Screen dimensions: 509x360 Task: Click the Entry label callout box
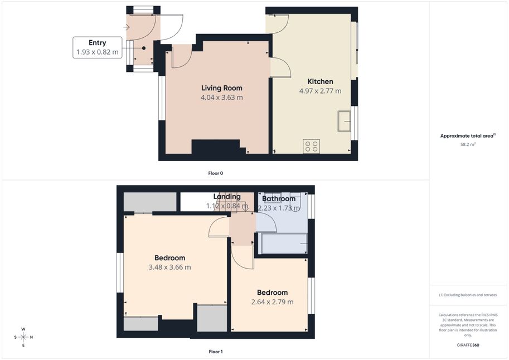point(98,47)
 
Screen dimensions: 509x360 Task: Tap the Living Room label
point(222,88)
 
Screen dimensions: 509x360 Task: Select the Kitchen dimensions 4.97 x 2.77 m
point(320,91)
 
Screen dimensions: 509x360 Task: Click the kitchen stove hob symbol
point(311,146)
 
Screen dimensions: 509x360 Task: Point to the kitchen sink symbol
point(344,121)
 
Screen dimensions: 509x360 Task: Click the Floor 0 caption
point(216,173)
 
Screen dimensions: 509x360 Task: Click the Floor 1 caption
point(216,352)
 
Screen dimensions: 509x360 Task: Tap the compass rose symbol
point(23,337)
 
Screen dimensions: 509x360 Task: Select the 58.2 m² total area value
point(468,144)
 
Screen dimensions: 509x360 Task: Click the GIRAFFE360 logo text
point(468,345)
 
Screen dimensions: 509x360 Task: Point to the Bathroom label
point(279,198)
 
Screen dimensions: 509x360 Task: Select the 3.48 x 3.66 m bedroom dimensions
point(170,267)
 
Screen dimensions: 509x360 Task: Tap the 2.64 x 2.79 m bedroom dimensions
point(273,302)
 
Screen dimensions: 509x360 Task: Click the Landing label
point(227,196)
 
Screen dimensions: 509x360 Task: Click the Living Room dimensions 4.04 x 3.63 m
point(222,98)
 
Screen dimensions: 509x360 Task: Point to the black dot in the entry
point(143,48)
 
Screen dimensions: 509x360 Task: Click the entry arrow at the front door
point(127,27)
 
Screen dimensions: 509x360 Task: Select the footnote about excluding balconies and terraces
point(468,295)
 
